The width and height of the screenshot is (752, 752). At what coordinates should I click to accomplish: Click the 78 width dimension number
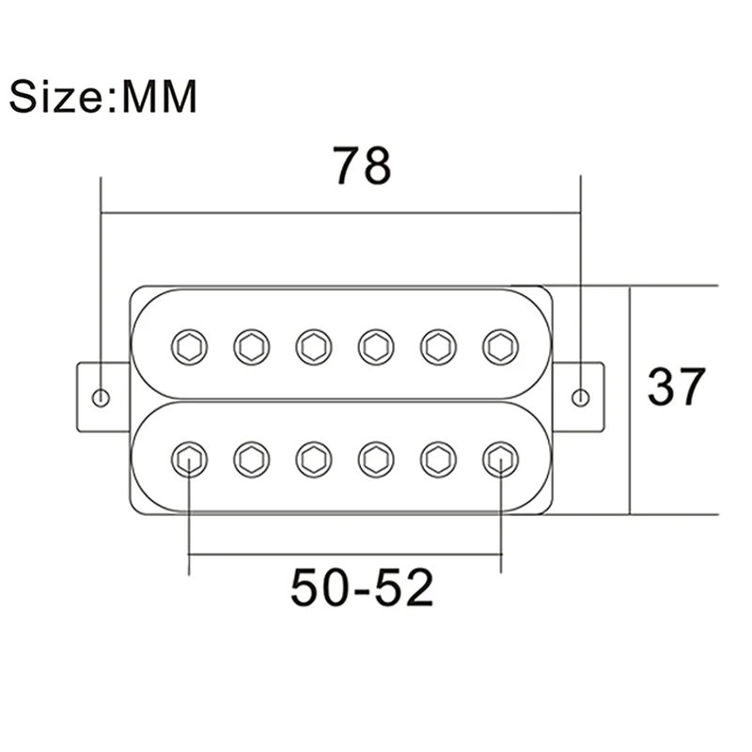coord(362,165)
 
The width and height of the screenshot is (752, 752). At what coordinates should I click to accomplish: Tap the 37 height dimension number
coord(676,386)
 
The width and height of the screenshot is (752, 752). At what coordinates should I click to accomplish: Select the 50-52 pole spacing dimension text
coord(362,587)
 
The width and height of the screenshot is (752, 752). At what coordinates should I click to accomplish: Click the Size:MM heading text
coord(103,96)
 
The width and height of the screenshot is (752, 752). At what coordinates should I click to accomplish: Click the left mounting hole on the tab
coord(101,398)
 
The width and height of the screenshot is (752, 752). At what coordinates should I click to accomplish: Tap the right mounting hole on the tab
coord(581,398)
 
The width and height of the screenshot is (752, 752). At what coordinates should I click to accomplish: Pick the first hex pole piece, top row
coord(190,347)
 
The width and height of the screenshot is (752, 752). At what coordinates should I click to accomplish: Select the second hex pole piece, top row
coord(252,347)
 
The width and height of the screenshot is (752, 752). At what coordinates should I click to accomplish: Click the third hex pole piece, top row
coord(314,347)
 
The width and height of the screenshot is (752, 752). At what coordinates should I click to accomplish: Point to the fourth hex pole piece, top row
coord(376,347)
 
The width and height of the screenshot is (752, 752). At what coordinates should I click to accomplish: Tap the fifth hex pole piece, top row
coord(438,347)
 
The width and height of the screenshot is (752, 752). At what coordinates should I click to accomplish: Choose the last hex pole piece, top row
coord(501,347)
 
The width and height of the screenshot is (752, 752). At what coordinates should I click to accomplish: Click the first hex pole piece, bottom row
coord(190,460)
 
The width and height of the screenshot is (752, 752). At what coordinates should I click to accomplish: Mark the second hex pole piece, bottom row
coord(252,460)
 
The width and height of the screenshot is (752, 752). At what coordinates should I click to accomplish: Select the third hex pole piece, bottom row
coord(314,460)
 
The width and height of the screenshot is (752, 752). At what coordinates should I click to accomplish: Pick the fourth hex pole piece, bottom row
coord(376,460)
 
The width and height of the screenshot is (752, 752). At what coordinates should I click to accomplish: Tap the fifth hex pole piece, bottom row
coord(438,460)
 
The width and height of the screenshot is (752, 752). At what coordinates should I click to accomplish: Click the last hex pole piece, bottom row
coord(501,460)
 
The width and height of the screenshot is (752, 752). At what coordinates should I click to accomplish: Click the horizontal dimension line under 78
coord(341,212)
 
